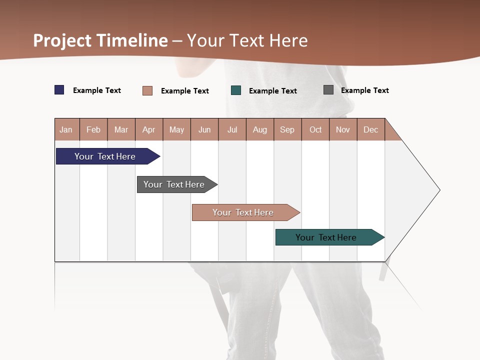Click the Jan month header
(x=66, y=129)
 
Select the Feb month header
(x=93, y=129)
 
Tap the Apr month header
(x=149, y=129)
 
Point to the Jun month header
(x=204, y=129)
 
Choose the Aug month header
(x=260, y=129)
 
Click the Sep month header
(x=287, y=129)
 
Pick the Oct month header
(x=315, y=129)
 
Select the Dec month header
(x=371, y=129)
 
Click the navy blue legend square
(x=59, y=90)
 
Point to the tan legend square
(x=147, y=90)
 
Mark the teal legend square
(x=236, y=90)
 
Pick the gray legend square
(x=328, y=90)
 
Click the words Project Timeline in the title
(x=100, y=40)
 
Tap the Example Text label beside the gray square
(x=365, y=90)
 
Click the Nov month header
(x=343, y=129)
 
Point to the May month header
(x=176, y=129)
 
